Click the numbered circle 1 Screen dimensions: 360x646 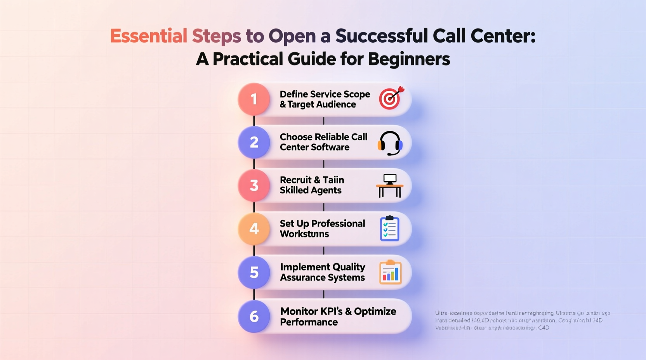254,99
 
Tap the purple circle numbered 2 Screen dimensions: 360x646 254,142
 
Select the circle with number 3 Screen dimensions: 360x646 254,185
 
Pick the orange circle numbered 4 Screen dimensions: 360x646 254,229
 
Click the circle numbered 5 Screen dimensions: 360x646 254,272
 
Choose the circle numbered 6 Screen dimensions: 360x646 254,316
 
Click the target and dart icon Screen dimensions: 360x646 391,98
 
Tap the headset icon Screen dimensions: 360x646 390,143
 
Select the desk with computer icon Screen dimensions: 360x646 390,185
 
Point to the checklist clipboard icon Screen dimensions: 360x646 390,229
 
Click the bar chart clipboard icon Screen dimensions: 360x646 390,272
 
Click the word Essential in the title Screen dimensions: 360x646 149,36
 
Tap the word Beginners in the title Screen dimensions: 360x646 409,59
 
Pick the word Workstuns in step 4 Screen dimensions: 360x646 304,234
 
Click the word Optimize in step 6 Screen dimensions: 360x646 375,312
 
